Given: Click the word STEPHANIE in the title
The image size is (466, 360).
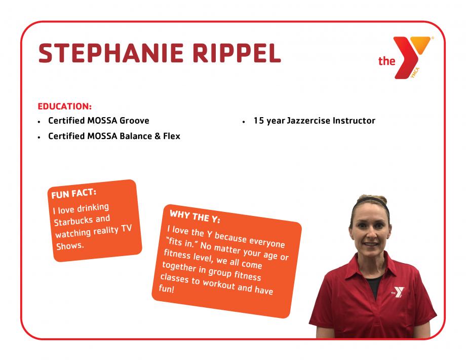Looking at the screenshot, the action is pos(111,53).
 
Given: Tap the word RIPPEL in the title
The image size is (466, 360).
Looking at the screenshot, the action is pos(237,53).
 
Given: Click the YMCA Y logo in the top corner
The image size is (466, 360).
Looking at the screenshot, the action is pos(412,57).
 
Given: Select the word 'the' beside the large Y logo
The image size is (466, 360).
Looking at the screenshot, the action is pos(386,61).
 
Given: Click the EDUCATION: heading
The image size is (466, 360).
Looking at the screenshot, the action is pos(65,106).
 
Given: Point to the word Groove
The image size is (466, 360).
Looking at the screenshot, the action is pos(134,121).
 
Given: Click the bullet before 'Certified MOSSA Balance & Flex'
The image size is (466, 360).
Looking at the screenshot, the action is pos(39,137).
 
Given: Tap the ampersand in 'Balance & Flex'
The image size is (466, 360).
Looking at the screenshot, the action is pos(158,136).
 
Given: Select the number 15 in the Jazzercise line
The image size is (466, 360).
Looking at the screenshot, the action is pos(258,121).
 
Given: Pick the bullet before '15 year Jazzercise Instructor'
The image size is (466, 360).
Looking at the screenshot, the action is pos(244,122).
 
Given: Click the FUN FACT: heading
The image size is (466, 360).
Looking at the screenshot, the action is pos(74,193).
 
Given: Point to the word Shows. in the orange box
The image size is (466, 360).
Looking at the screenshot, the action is pos(70,246).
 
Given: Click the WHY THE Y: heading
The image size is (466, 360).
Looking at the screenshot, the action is pos(195,216).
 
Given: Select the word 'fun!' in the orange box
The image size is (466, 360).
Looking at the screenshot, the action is pos(166,288).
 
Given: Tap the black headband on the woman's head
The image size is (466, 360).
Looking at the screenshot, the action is pos(373,202).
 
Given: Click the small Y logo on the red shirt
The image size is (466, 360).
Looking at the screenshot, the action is pos(398,292).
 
